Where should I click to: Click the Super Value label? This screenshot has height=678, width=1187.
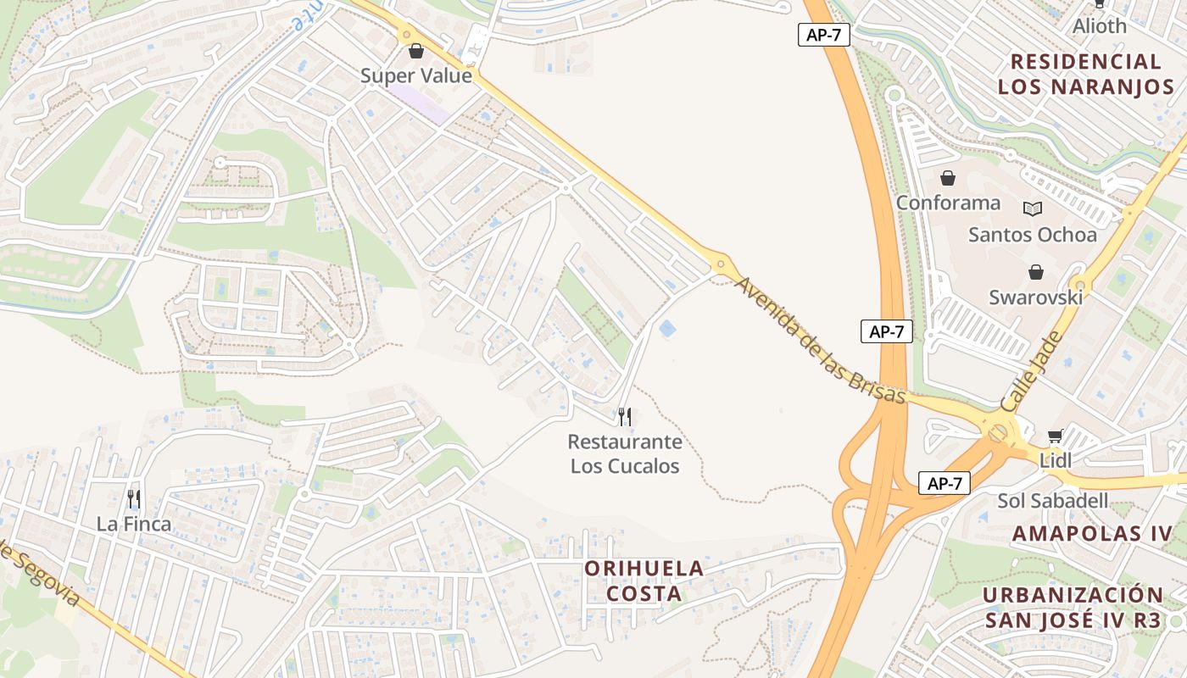click(x=415, y=75)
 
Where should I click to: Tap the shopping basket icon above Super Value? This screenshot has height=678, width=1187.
click(x=415, y=52)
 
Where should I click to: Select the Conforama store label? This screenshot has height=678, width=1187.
click(x=948, y=203)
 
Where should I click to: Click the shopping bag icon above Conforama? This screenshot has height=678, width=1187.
click(x=948, y=178)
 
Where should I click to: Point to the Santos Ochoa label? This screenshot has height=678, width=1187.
click(x=1032, y=235)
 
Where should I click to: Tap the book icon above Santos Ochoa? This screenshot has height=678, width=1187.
click(x=1032, y=208)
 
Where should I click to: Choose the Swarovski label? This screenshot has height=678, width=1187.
click(x=1035, y=297)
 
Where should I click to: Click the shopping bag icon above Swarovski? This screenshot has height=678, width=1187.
click(x=1035, y=272)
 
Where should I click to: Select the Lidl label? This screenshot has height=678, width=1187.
click(x=1056, y=460)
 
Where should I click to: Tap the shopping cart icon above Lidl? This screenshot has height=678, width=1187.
click(x=1056, y=436)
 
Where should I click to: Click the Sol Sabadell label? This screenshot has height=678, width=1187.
click(x=1052, y=501)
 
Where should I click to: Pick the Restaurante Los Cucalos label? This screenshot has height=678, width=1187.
click(x=625, y=453)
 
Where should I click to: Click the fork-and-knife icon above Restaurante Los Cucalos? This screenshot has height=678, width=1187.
click(x=625, y=416)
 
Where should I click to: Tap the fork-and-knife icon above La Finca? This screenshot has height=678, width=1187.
click(x=134, y=499)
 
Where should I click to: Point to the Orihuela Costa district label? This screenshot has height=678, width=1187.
click(x=644, y=581)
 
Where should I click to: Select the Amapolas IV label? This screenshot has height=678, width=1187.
click(x=1093, y=533)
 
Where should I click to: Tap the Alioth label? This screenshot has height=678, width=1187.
click(x=1100, y=25)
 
